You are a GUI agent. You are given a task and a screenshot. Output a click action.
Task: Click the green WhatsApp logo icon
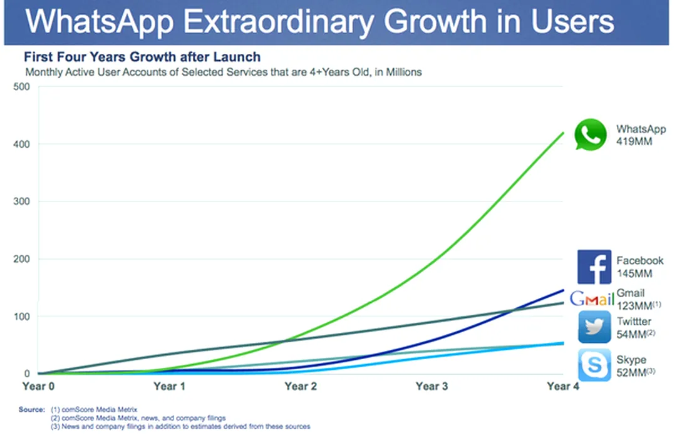click(x=591, y=135)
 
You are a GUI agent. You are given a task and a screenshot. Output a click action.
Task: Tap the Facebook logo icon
click(x=594, y=267)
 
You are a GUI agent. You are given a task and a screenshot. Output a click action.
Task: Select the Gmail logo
click(x=591, y=299)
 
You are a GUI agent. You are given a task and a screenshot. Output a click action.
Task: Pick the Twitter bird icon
click(x=594, y=327)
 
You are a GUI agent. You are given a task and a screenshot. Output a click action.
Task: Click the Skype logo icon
click(x=594, y=365)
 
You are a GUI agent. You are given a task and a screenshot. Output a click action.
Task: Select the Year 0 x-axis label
click(x=38, y=387)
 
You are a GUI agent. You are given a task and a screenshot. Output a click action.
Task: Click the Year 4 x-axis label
click(x=562, y=387)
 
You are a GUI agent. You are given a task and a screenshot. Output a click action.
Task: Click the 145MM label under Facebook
click(x=634, y=273)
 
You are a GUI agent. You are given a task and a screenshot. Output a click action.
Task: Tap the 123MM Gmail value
click(x=634, y=305)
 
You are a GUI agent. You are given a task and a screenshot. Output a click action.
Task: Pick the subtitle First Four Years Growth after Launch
click(x=142, y=58)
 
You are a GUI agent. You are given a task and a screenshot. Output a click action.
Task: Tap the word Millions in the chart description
click(x=401, y=72)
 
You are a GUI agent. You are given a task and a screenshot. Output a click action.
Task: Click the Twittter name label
click(x=634, y=322)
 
